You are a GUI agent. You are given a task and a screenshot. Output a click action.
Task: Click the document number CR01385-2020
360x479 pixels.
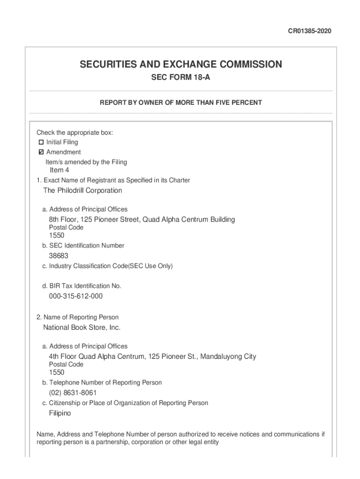coord(309,31)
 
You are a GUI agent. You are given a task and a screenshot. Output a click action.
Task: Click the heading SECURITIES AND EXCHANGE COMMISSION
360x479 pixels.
coord(180,64)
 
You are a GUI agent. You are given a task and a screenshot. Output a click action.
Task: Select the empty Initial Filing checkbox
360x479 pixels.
coord(41,142)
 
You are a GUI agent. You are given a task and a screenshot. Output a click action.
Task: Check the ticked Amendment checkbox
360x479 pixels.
coord(41,152)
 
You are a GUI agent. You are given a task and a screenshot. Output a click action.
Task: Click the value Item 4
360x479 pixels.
coord(59,170)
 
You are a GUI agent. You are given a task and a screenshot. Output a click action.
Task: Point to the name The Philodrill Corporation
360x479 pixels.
coord(82,190)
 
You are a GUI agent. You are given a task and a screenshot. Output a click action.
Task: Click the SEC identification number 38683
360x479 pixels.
coord(58,256)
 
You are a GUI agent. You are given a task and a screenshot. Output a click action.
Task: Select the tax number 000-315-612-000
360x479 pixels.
coord(76,296)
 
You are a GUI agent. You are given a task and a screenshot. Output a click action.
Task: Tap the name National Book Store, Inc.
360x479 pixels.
coord(82,327)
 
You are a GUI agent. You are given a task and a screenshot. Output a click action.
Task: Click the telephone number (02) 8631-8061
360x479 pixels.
coord(73,392)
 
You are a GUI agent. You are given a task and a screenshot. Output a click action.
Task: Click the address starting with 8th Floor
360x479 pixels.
coord(142,219)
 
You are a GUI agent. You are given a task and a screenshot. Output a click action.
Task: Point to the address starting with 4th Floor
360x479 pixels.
coord(152,356)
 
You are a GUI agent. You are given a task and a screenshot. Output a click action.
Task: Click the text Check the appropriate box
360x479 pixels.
coord(75,133)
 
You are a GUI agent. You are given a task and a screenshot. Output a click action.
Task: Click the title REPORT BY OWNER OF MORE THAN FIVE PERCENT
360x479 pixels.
coord(180,102)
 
